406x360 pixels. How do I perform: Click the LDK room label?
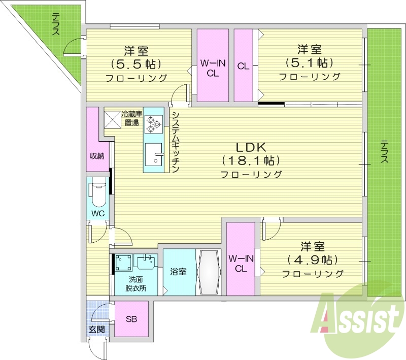click(x=251, y=148)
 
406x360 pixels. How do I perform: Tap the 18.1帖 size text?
click(x=251, y=161)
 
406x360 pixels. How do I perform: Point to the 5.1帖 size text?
click(x=309, y=63)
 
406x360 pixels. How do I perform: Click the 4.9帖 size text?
click(x=312, y=260)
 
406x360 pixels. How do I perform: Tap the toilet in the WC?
click(x=97, y=192)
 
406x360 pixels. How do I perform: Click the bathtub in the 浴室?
click(x=209, y=272)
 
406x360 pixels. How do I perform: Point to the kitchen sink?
click(x=153, y=154)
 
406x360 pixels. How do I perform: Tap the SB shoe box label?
click(x=131, y=319)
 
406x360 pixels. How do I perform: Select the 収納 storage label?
click(x=97, y=156)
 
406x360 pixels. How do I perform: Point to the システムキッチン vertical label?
click(x=175, y=142)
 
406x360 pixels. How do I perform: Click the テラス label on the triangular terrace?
click(x=56, y=24)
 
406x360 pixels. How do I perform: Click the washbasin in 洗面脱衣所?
click(x=146, y=262)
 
